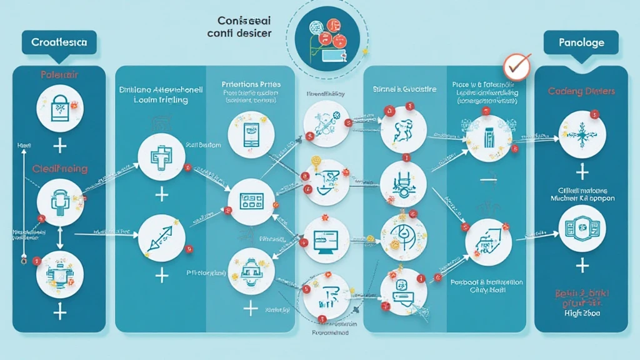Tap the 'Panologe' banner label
click(x=582, y=42)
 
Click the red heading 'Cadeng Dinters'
click(x=582, y=91)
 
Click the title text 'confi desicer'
click(x=239, y=33)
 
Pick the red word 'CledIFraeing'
click(x=59, y=169)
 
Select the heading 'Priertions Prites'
click(x=251, y=84)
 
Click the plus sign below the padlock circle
click(x=60, y=147)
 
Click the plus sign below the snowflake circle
click(x=582, y=171)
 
